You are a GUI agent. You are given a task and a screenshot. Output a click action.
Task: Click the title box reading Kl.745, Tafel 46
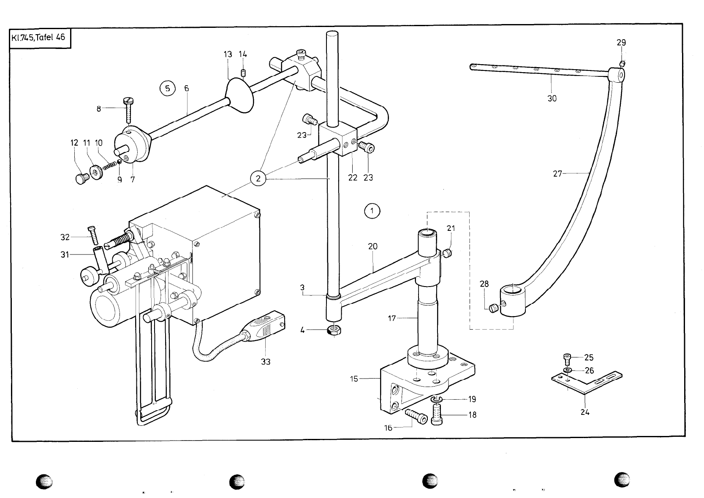(38, 38)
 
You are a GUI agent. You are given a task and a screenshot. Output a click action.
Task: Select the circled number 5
(168, 89)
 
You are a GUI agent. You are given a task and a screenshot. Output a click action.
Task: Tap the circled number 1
(372, 211)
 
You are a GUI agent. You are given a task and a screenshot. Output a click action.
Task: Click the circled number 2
(258, 179)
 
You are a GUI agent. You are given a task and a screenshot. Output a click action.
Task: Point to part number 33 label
(266, 362)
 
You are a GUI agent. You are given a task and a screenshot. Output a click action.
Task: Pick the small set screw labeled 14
(243, 74)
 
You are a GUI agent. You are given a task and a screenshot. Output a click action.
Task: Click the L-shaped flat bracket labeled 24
(587, 380)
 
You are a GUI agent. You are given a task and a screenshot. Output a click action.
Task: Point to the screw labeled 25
(567, 359)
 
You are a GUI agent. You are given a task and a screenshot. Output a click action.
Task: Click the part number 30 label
(552, 98)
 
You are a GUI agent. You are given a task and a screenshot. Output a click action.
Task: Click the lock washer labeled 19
(436, 399)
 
